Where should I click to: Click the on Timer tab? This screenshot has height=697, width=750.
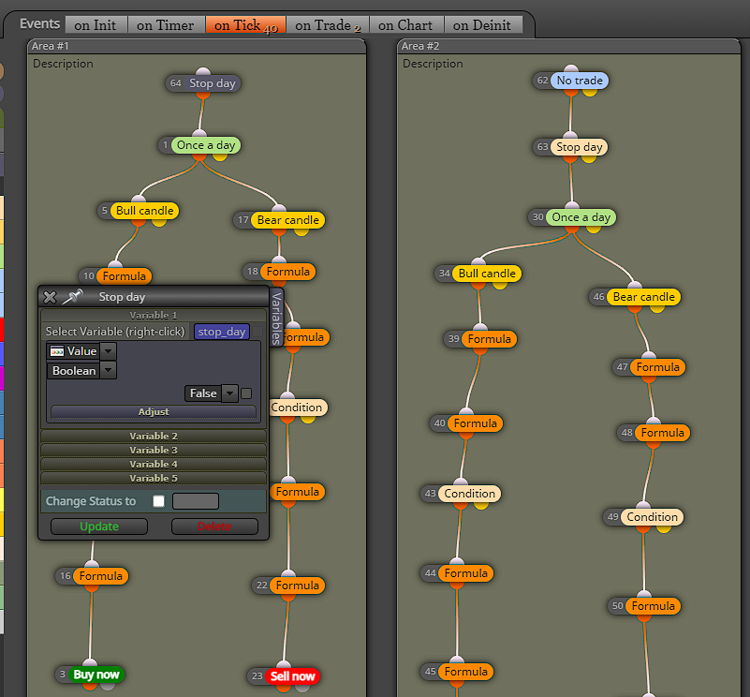(166, 25)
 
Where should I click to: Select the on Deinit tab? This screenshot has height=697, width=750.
(482, 25)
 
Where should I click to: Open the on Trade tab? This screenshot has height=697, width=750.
(328, 25)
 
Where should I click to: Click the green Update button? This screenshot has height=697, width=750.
(99, 526)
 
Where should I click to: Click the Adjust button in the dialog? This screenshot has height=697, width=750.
(154, 411)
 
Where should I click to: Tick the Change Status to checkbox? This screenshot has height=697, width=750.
(159, 500)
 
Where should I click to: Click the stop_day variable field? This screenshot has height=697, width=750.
(222, 332)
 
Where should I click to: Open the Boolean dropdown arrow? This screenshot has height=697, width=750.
(109, 370)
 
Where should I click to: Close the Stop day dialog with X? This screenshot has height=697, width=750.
(50, 297)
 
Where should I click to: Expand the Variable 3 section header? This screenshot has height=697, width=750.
(154, 450)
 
